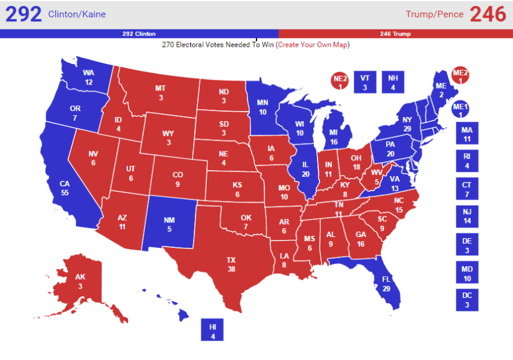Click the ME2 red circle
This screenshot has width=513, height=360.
[x=460, y=75]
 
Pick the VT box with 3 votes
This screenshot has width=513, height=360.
[x=365, y=82]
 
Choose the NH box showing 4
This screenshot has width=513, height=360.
[x=393, y=82]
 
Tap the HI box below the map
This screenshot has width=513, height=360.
[x=212, y=329]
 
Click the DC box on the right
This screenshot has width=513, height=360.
[x=467, y=300]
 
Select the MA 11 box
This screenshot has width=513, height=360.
[x=467, y=134]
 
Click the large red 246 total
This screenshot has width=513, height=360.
[x=487, y=14]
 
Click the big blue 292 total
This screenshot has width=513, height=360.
[x=24, y=14]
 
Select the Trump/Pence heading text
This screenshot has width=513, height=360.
[x=435, y=14]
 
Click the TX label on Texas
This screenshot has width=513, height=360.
[x=231, y=264]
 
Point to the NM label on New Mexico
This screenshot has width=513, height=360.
[x=170, y=224]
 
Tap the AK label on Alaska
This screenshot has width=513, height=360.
[x=80, y=281]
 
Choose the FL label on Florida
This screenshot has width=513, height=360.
[x=386, y=284]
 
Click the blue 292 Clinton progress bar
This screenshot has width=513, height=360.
[x=139, y=34]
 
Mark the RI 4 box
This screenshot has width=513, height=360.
[x=467, y=162]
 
